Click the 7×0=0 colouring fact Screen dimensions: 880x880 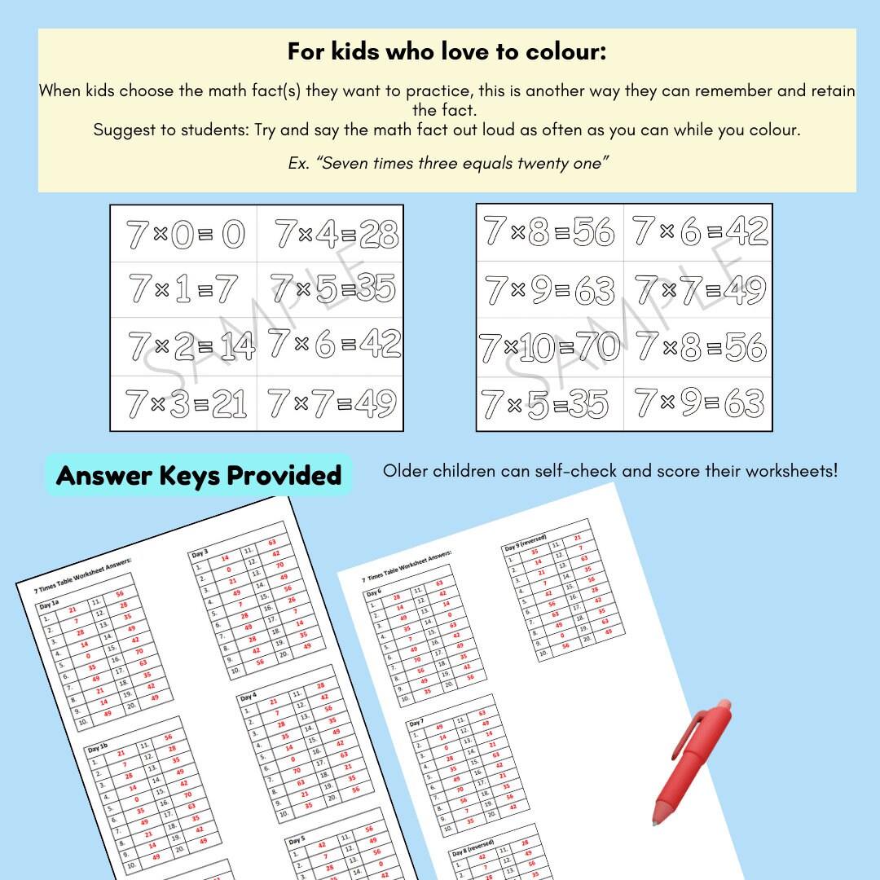(185, 235)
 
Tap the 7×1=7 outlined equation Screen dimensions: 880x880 (183, 289)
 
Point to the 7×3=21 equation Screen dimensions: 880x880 (185, 403)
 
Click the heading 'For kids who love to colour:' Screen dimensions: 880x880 (447, 52)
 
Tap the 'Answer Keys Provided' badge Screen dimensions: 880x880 (198, 475)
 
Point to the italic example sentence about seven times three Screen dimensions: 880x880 (447, 163)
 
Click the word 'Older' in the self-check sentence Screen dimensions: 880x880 (405, 471)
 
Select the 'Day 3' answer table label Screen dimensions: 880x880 (200, 553)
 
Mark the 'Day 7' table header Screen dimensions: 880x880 (416, 723)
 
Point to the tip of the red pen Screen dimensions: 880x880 (654, 821)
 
